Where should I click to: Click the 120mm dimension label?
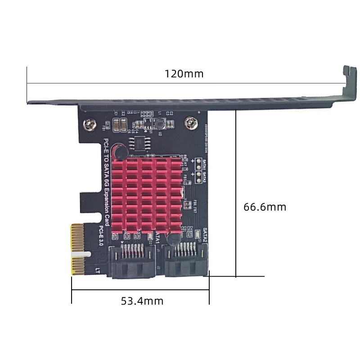pos(184,74)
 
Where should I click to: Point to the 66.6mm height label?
pos(265,207)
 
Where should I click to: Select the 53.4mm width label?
pos(142,301)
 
